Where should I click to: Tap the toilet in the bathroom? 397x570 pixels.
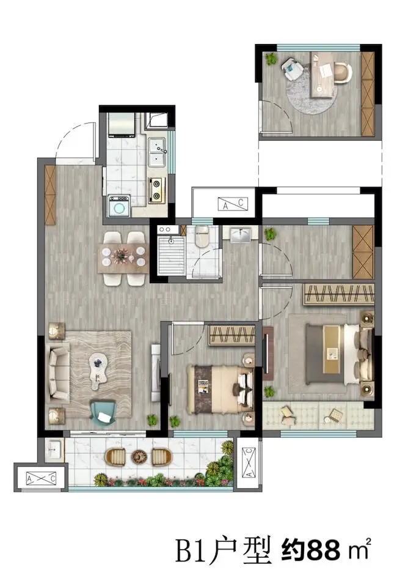tap(202, 235)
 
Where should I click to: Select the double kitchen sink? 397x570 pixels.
tap(156, 152)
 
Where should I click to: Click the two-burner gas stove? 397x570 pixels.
tap(157, 190)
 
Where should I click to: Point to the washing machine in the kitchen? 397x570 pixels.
tap(119, 205)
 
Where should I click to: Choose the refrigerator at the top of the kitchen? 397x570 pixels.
tap(122, 124)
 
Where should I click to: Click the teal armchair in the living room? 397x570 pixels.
tap(103, 412)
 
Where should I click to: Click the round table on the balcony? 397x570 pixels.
tap(138, 457)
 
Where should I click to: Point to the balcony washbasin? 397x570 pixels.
tap(54, 450)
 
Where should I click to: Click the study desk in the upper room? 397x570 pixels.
tap(322, 75)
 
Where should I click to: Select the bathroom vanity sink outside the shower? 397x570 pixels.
tap(241, 234)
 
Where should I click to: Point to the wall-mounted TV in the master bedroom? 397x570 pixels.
tap(268, 353)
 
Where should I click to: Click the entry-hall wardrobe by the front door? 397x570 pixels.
tap(50, 195)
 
